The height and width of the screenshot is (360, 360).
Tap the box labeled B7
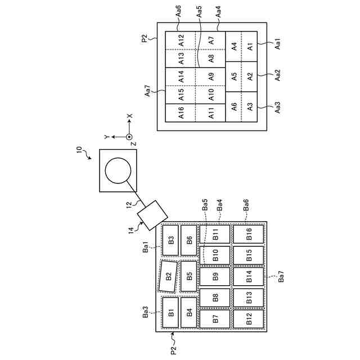[215, 318]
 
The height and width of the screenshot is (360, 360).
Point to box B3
[170, 236]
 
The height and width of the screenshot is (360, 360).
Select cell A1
[250, 47]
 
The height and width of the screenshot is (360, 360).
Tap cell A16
[180, 112]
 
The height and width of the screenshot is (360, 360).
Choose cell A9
[210, 76]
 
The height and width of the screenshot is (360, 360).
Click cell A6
[233, 106]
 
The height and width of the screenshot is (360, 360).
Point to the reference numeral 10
[79, 150]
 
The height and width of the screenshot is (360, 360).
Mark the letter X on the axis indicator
[129, 116]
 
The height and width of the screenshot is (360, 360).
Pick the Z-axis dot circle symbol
[128, 137]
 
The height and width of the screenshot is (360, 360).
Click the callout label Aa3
[277, 106]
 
